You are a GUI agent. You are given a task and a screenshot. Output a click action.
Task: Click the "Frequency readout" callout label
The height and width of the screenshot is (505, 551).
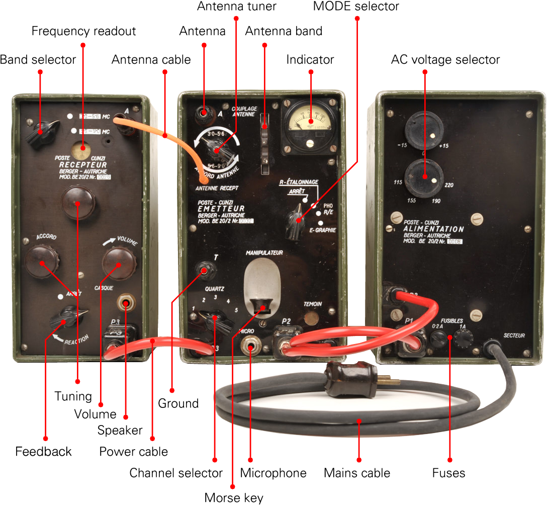click(83, 31)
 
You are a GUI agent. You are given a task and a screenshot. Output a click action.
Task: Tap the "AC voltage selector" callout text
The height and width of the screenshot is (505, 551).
click(445, 60)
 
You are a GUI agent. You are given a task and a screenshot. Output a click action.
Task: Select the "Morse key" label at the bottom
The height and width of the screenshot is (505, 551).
click(233, 497)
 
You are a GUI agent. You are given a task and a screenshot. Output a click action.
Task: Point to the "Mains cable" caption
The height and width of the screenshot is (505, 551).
click(356, 473)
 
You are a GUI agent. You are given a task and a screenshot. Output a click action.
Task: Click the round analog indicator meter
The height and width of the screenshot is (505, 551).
click(310, 123)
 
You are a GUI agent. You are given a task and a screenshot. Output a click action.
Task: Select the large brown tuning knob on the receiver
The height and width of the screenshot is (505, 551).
click(78, 201)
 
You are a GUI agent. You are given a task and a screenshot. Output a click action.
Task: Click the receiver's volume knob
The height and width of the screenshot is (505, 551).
click(119, 262)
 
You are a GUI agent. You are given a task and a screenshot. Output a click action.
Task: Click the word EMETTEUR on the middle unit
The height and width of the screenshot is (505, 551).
click(221, 209)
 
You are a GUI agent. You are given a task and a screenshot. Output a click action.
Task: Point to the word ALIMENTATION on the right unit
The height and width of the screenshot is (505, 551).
click(433, 229)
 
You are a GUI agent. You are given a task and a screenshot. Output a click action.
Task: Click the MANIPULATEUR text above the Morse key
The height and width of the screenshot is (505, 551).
click(264, 252)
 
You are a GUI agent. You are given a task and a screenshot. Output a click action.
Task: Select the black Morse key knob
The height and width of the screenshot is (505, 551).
click(261, 304)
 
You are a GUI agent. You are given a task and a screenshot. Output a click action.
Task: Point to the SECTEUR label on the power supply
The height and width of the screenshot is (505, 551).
click(514, 335)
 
